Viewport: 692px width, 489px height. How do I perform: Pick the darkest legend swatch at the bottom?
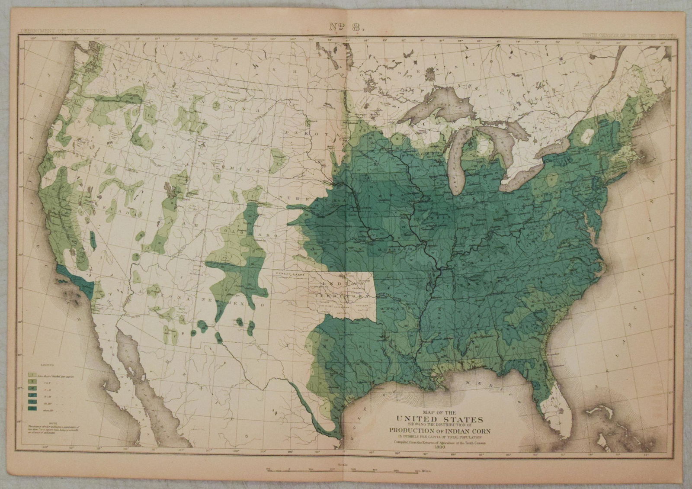[31, 408]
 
